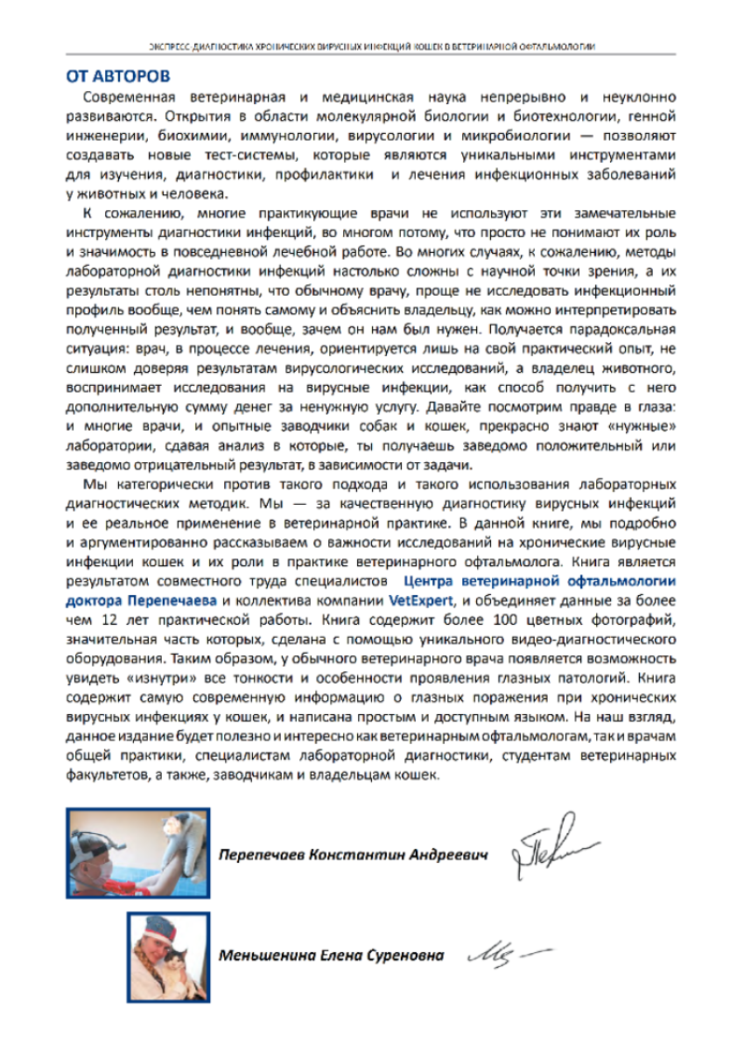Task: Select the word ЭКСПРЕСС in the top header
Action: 166,46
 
